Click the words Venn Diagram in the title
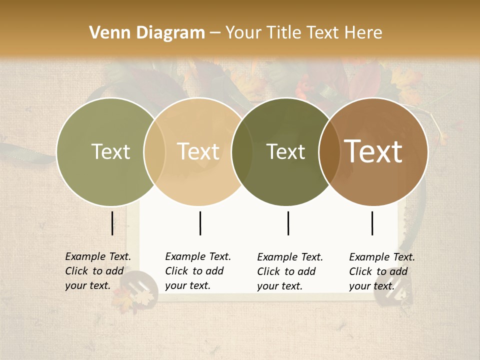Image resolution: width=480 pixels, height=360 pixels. click(147, 33)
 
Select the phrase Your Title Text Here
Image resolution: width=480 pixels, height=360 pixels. click(304, 33)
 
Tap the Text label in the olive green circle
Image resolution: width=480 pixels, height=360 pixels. click(110, 152)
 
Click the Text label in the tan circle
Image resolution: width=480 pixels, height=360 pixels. click(198, 152)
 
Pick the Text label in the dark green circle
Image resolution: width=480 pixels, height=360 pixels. click(286, 152)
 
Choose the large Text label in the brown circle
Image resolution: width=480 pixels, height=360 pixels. click(373, 151)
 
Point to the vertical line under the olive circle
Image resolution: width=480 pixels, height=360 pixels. click(112, 223)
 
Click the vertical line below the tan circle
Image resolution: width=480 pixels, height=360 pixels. click(200, 223)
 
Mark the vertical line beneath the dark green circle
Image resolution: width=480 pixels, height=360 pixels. click(288, 223)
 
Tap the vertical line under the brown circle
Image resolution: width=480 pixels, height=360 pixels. click(372, 223)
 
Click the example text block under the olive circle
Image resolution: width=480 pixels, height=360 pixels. click(98, 271)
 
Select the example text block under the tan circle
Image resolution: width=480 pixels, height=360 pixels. click(198, 271)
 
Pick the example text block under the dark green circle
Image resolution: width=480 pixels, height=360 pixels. click(290, 271)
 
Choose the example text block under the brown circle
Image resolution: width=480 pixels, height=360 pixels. click(382, 271)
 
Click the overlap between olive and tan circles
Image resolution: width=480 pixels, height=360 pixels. click(154, 152)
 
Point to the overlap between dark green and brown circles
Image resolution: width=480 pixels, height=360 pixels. click(328, 152)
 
